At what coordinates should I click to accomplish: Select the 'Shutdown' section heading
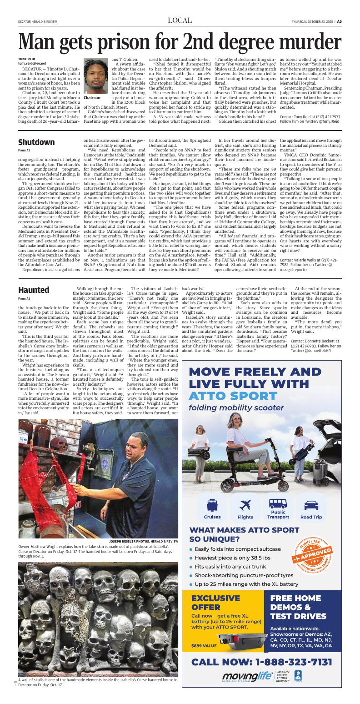(x=36, y=142)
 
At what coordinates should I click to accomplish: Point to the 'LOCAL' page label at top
(x=180, y=20)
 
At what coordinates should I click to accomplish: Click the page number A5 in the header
(x=339, y=21)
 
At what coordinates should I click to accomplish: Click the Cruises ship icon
(x=212, y=505)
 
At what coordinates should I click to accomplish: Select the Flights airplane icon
(x=245, y=505)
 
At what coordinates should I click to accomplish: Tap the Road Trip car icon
(x=311, y=505)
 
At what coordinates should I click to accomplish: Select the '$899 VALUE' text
(x=204, y=645)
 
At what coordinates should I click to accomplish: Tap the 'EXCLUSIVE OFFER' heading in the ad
(x=215, y=603)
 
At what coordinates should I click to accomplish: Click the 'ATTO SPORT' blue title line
(x=227, y=394)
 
